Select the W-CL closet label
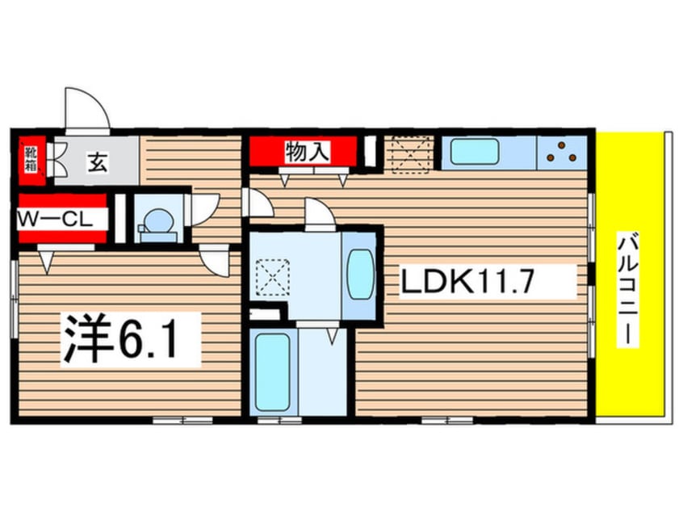55,220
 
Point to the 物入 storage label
308,152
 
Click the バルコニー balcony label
627,290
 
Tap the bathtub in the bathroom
273,372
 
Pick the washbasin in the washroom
361,274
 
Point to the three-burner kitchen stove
562,153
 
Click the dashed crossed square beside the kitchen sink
410,155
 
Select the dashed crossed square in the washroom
273,277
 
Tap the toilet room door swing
205,209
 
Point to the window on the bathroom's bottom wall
279,421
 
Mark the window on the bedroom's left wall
15,299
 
